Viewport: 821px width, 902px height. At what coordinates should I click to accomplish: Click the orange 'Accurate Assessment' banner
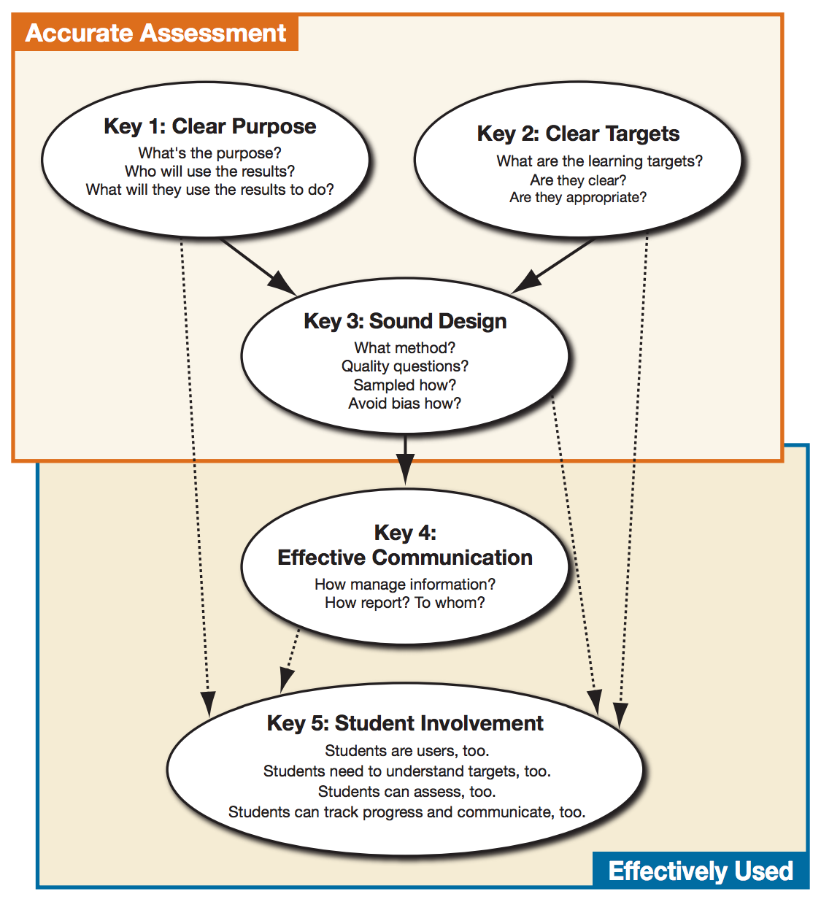pyautogui.click(x=155, y=33)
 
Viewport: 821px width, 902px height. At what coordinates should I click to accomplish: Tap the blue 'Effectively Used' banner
pyautogui.click(x=700, y=870)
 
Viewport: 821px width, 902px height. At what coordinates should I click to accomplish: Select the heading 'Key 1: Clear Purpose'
pyautogui.click(x=209, y=126)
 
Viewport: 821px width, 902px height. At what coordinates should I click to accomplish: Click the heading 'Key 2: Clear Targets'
pyautogui.click(x=578, y=134)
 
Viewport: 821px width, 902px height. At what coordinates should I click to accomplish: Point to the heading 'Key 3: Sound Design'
pyautogui.click(x=405, y=322)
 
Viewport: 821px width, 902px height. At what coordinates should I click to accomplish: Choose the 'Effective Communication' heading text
pyautogui.click(x=405, y=558)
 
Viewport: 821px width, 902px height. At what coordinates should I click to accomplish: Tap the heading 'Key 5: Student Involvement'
pyautogui.click(x=405, y=723)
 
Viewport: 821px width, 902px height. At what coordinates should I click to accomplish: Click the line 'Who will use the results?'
pyautogui.click(x=209, y=171)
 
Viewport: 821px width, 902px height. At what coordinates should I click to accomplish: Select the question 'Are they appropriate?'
pyautogui.click(x=578, y=197)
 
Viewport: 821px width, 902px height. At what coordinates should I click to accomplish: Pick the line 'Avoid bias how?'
pyautogui.click(x=404, y=404)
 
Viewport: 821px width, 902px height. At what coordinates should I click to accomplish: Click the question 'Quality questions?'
pyautogui.click(x=404, y=366)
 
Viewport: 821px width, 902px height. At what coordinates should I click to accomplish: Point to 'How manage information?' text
pyautogui.click(x=405, y=584)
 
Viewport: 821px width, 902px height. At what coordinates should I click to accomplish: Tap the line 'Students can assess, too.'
pyautogui.click(x=406, y=791)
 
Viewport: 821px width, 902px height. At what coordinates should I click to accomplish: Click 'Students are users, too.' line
pyautogui.click(x=406, y=750)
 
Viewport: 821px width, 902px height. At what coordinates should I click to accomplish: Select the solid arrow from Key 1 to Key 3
pyautogui.click(x=258, y=266)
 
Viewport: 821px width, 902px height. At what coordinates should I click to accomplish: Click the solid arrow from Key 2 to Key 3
pyautogui.click(x=553, y=266)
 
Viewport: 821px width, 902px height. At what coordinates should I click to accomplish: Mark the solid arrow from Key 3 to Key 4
pyautogui.click(x=405, y=459)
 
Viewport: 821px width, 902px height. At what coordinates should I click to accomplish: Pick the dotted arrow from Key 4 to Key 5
pyautogui.click(x=289, y=661)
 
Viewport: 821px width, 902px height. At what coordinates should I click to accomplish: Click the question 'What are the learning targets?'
pyautogui.click(x=599, y=161)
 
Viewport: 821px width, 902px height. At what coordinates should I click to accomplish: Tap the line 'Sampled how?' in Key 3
pyautogui.click(x=404, y=385)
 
